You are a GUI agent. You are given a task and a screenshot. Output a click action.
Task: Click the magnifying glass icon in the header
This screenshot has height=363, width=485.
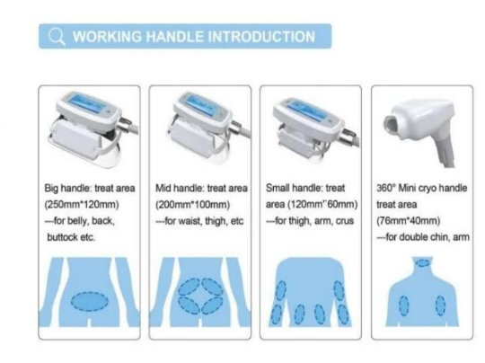[x=57, y=37]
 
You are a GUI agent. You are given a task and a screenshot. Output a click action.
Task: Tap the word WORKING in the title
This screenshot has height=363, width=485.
[x=107, y=37]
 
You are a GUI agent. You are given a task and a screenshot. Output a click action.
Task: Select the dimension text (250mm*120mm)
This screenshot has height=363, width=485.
[x=82, y=205]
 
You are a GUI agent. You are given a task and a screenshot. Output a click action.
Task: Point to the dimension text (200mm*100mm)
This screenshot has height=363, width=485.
[x=193, y=205]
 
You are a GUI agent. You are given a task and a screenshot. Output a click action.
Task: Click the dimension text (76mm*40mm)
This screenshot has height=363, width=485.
[x=408, y=221]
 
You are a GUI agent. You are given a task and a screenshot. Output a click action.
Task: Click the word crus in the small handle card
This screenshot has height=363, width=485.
[x=345, y=221]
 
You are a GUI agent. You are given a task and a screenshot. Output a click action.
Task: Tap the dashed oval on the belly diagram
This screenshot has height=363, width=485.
[x=90, y=301]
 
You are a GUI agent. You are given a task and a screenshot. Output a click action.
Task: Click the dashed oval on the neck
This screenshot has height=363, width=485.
[x=422, y=263]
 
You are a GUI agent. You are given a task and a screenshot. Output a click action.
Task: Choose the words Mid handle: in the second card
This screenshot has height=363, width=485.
[x=180, y=188]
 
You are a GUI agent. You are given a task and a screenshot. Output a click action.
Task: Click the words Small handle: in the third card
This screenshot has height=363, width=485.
[x=295, y=188]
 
